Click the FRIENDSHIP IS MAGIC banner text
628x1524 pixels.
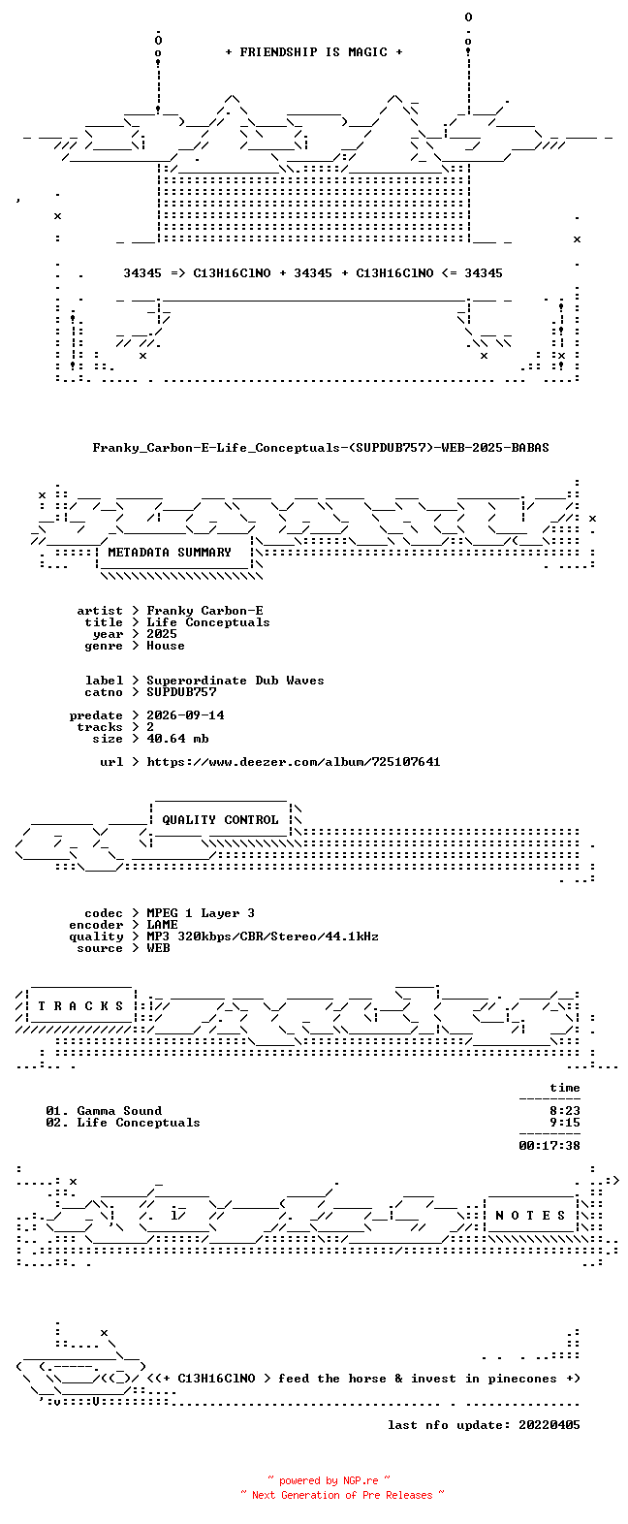point(314,52)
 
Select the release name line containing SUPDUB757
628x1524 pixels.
point(321,448)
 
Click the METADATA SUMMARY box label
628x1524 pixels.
point(170,553)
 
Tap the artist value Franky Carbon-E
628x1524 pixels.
point(204,611)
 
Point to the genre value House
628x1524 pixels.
point(166,646)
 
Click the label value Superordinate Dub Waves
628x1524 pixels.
point(235,681)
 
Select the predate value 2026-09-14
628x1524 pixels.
point(185,715)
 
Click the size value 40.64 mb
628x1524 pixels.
point(177,739)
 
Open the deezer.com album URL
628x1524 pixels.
point(294,762)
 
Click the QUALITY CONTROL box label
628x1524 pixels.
point(220,820)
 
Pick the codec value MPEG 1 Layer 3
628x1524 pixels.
point(201,913)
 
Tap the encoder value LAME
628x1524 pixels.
point(162,925)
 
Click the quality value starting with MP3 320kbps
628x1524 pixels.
point(263,937)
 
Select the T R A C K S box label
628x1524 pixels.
point(80,1006)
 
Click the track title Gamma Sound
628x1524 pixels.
point(119,1111)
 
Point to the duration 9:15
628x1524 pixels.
point(565,1123)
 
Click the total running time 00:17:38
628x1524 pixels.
point(549,1146)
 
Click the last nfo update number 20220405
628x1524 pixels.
point(549,1425)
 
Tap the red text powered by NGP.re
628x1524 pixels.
point(329,1480)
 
